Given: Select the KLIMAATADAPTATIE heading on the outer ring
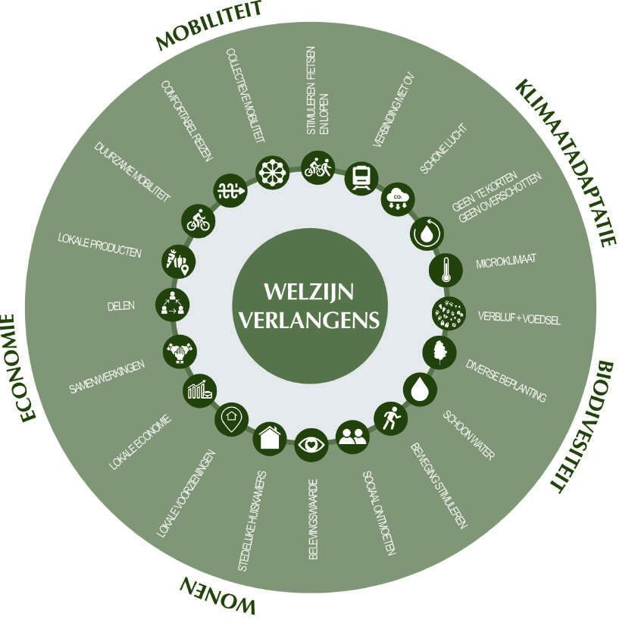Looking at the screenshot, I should pyautogui.click(x=565, y=161).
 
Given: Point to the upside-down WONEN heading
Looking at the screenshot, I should pyautogui.click(x=217, y=594).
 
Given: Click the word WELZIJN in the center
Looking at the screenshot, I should pyautogui.click(x=309, y=291).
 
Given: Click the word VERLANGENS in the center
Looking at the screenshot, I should pyautogui.click(x=309, y=320).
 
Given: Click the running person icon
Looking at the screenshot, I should pyautogui.click(x=390, y=418).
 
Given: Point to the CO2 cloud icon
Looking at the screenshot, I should pyautogui.click(x=396, y=199).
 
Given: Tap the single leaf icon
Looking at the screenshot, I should pyautogui.click(x=439, y=352).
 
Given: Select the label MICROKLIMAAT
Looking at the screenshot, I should pyautogui.click(x=506, y=263).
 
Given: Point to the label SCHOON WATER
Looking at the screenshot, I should pyautogui.click(x=469, y=435).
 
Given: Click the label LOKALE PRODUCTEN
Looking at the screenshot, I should pyautogui.click(x=99, y=245).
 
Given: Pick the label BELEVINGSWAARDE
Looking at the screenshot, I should pyautogui.click(x=313, y=518).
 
